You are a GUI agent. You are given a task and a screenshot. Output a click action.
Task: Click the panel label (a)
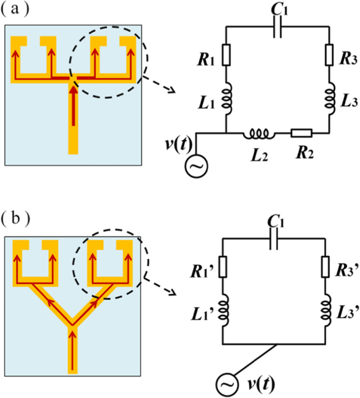(x=15, y=12)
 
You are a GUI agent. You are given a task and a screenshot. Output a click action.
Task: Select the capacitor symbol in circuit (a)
(x=277, y=30)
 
